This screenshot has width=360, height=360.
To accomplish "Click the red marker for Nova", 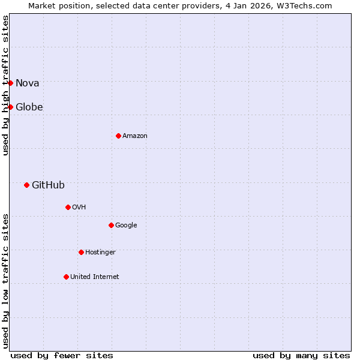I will (10, 83).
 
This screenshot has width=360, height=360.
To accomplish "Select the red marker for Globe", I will (10, 107).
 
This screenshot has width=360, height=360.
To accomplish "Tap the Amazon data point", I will (118, 136).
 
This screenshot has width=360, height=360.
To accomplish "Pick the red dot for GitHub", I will (26, 185).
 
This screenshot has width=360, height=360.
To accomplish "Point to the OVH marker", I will (68, 207).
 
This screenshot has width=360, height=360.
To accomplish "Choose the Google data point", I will (111, 225).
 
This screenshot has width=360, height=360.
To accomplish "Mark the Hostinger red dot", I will (81, 252).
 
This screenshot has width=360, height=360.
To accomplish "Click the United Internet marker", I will (66, 277).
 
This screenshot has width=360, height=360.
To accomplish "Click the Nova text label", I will (28, 83).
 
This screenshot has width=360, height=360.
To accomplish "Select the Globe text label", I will (29, 107).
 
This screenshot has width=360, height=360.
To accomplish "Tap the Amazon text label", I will (135, 136).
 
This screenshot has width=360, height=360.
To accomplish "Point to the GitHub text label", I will (48, 185).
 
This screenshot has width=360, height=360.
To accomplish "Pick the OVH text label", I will (79, 208).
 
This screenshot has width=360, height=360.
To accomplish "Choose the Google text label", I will (126, 226).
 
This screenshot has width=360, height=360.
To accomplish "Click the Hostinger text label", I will (100, 253).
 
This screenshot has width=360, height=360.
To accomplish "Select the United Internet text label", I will (95, 277).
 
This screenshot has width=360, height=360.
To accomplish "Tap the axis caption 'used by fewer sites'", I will (62, 356).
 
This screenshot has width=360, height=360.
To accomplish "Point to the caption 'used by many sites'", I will (301, 356).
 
